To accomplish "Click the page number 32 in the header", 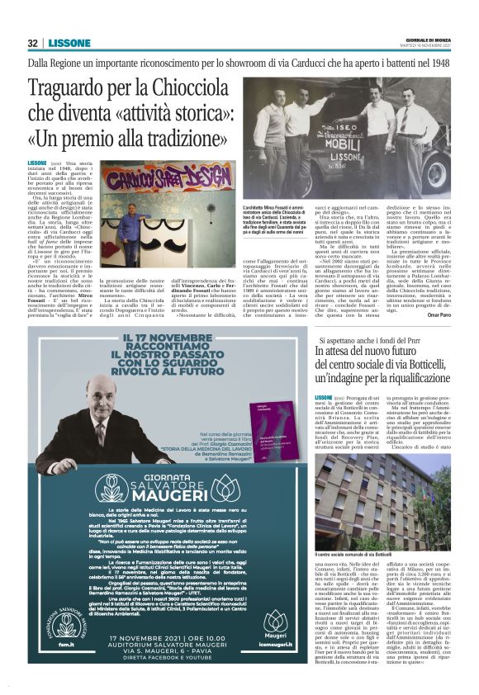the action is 32,43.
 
